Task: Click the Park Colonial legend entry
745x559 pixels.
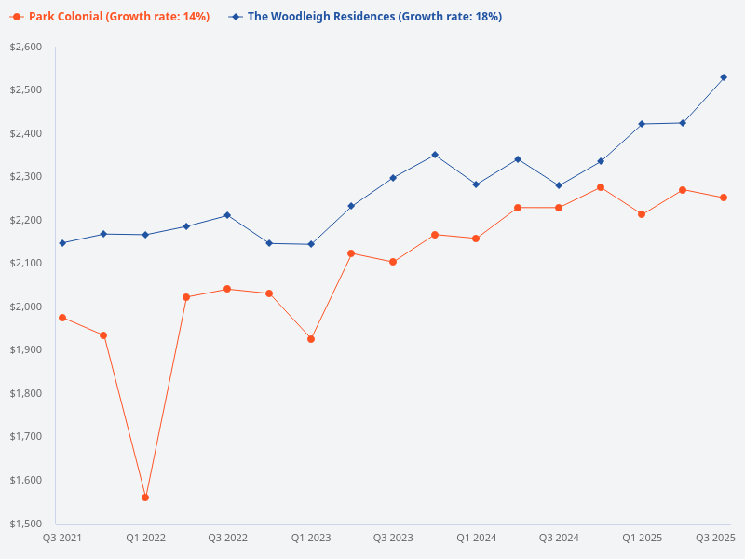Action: click(113, 17)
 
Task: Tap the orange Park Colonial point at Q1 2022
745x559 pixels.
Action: click(145, 498)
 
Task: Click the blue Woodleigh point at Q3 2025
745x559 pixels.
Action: click(724, 77)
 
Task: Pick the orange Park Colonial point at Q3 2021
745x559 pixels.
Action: click(62, 318)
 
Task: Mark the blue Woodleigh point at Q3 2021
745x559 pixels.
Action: click(62, 243)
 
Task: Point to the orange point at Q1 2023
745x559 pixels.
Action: click(311, 339)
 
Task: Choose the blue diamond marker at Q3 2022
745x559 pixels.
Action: click(227, 215)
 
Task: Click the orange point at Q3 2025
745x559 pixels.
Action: click(724, 198)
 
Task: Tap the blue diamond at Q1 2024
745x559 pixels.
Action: click(476, 184)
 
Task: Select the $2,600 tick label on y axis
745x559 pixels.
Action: click(25, 47)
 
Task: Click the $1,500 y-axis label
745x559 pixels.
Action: click(25, 524)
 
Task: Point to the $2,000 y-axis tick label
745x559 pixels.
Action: click(25, 307)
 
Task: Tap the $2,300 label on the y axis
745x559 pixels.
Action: click(25, 177)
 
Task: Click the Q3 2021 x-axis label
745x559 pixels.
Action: click(62, 539)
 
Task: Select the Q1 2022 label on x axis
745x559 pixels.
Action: click(145, 539)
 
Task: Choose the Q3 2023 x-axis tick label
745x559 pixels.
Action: click(393, 539)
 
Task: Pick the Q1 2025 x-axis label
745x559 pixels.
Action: click(642, 539)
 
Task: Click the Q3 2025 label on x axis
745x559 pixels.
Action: click(716, 539)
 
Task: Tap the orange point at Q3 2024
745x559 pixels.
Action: click(559, 208)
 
